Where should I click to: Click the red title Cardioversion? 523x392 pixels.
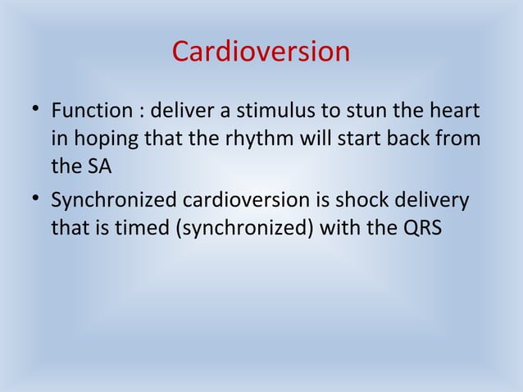pyautogui.click(x=261, y=52)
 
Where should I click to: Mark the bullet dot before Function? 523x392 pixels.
pyautogui.click(x=31, y=110)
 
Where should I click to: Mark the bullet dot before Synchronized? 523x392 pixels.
pyautogui.click(x=31, y=199)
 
